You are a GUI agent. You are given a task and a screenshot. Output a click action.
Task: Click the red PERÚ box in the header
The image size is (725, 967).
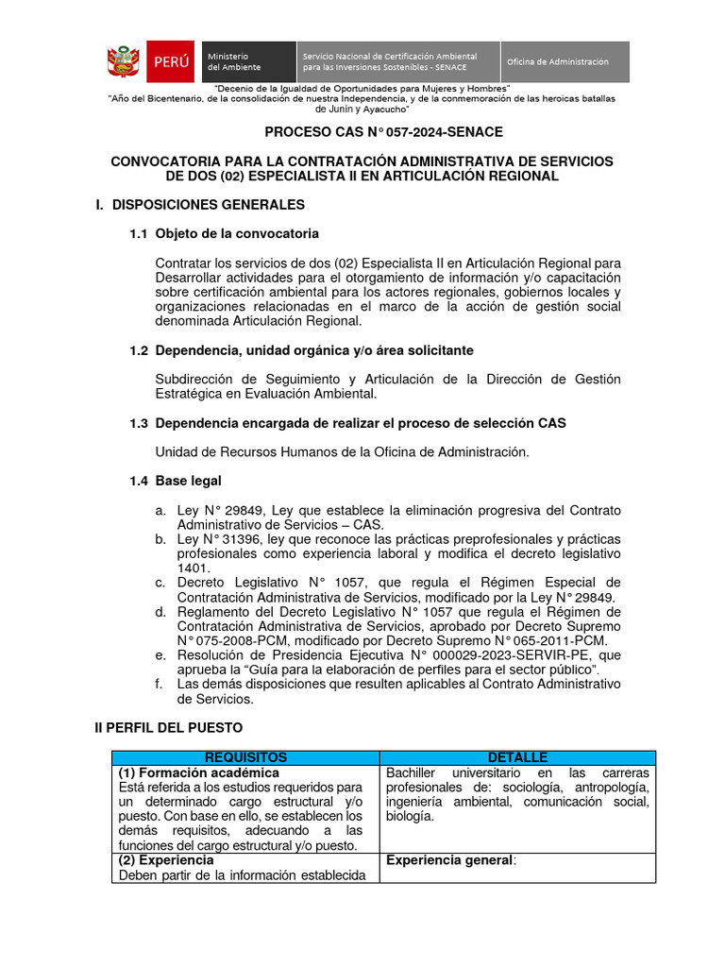point(170,62)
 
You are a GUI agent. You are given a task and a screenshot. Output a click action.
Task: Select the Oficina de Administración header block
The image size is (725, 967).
point(564,62)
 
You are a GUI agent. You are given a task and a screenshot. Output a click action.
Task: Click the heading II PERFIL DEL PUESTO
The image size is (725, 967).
point(168,728)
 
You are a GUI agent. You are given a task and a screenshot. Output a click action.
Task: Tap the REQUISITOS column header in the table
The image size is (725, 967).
point(245,757)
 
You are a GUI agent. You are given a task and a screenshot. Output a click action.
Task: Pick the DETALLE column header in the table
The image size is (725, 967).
point(517,757)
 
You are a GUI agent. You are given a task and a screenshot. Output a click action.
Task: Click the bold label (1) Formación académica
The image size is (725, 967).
point(198,772)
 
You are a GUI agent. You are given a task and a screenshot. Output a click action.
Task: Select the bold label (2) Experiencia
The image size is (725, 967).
point(166,860)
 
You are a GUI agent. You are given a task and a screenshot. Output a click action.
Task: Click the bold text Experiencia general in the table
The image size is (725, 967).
point(448,860)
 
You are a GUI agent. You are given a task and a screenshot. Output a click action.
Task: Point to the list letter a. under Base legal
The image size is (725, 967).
point(161,510)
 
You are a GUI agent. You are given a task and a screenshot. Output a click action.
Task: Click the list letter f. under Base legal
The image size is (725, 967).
point(160,685)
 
